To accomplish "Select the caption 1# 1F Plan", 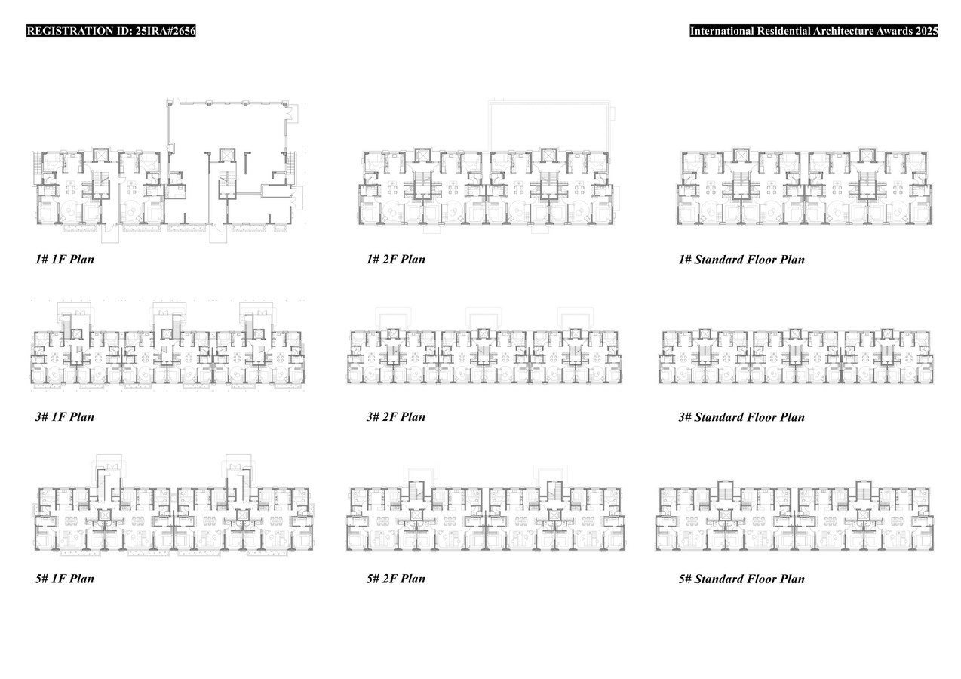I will [x=64, y=260].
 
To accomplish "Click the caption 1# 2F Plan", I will [x=395, y=260].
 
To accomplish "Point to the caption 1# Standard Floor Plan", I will [x=741, y=260].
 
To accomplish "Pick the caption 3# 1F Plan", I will [x=64, y=417].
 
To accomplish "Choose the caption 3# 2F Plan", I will [x=395, y=417].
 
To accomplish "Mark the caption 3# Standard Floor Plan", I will [x=741, y=417].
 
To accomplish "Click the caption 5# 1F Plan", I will [x=64, y=579].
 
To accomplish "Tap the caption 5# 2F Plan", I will [x=395, y=579].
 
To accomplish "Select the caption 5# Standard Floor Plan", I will [x=741, y=579].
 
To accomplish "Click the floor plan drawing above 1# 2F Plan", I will [x=487, y=189].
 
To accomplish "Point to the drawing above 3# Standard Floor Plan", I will [x=794, y=356].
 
